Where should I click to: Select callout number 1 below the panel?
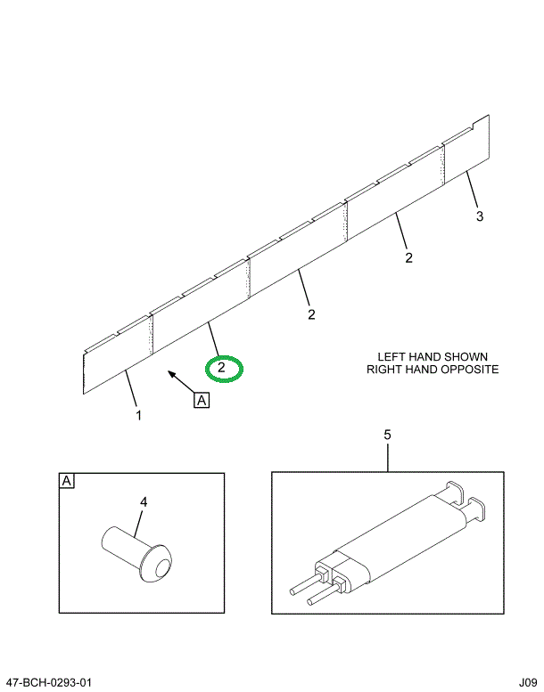point(138,414)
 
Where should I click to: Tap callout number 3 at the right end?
point(479,216)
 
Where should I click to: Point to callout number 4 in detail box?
point(143,502)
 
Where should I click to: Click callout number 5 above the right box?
point(387,435)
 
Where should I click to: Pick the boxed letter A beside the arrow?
point(202,400)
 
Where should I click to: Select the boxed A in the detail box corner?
point(66,482)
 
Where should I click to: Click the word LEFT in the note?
point(392,356)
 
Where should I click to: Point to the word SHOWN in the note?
point(469,356)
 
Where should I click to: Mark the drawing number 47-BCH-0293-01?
point(47,682)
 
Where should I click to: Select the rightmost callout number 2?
point(408,258)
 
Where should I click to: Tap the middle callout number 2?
point(311,313)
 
